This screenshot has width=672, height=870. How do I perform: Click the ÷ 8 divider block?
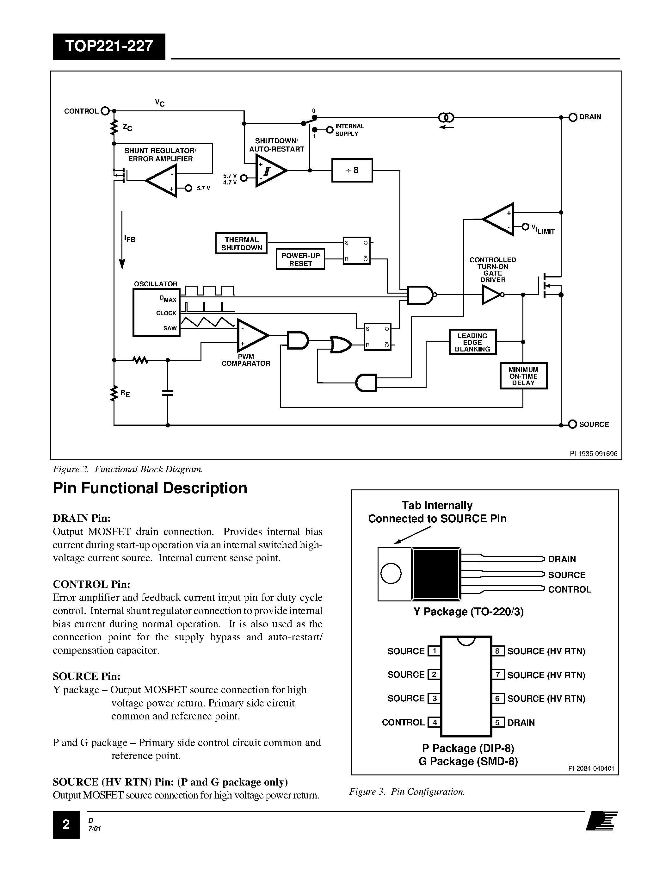[x=352, y=171]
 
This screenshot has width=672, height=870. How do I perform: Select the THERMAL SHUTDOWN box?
[x=241, y=243]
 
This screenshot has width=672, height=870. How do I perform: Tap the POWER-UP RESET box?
[x=300, y=259]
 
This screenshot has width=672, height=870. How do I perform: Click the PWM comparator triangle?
[x=251, y=335]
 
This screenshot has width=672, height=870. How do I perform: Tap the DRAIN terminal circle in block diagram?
[x=573, y=117]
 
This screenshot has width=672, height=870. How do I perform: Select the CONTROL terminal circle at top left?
[x=105, y=111]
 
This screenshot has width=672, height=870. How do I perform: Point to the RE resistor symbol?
[x=114, y=393]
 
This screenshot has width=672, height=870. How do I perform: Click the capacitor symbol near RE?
[x=168, y=393]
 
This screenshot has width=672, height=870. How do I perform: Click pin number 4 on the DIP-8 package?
[x=434, y=722]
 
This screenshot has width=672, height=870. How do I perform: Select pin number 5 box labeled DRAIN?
[x=498, y=722]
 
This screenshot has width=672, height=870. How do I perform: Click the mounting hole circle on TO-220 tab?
[x=391, y=574]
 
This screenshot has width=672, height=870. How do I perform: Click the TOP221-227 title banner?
[x=109, y=47]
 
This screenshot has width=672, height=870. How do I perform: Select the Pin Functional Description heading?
[x=150, y=488]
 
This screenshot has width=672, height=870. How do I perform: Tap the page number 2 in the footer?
[x=66, y=824]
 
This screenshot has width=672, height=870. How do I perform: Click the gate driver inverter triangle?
[x=491, y=295]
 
